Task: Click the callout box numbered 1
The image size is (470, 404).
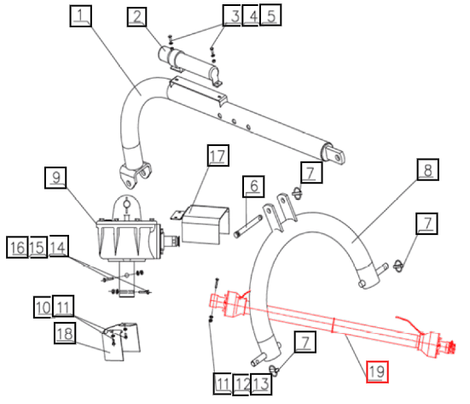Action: point(81,16)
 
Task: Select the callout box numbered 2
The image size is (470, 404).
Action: point(136,17)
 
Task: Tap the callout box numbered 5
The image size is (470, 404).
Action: point(270,15)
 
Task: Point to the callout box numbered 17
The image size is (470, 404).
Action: point(218,155)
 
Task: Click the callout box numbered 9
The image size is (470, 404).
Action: point(55,178)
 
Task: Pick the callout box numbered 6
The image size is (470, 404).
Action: point(253,186)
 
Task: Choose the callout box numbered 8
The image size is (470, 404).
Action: point(427,170)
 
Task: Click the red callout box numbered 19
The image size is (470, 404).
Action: point(377,372)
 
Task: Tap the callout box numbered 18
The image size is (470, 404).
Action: point(65,333)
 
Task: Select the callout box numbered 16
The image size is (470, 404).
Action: point(17,248)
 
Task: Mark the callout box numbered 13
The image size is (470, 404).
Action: point(261,384)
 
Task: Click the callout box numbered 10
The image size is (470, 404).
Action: point(44,307)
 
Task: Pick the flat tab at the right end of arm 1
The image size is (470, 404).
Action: point(335,155)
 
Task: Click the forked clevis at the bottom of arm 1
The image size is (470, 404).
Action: point(135,175)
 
